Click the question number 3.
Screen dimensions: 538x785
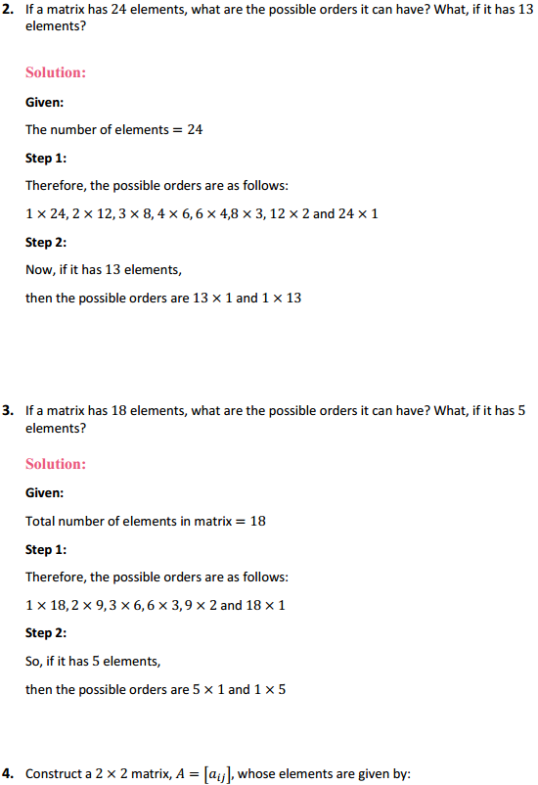tap(8, 411)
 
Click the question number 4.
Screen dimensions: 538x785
tap(8, 773)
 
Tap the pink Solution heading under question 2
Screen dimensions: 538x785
tap(56, 72)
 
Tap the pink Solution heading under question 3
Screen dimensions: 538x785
tap(56, 464)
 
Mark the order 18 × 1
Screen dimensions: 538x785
tap(266, 605)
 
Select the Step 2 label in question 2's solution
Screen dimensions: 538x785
tap(45, 242)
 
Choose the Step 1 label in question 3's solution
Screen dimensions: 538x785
tap(45, 549)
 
